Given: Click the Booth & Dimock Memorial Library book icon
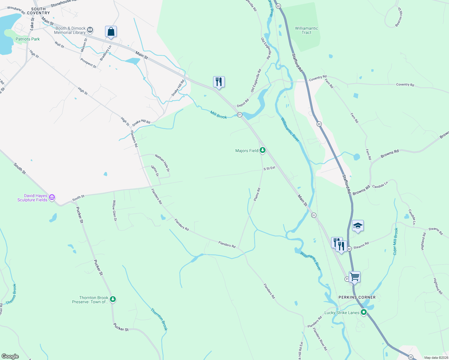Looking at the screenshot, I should [90, 30].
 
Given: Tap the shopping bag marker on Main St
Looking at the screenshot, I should [111, 31].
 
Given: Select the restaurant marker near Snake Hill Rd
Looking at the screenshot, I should [219, 82].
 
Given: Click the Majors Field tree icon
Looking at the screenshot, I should [263, 150].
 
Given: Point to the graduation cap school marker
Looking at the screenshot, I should [357, 226].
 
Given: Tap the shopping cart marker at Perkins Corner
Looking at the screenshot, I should [354, 277].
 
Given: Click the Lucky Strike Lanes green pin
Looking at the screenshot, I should [364, 313].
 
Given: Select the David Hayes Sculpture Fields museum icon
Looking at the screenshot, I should [52, 197].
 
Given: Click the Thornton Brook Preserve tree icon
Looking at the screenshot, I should [113, 299].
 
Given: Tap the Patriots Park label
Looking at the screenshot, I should [28, 39].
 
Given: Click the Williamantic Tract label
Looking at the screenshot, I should [306, 30].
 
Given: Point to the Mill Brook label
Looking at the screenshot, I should [218, 115].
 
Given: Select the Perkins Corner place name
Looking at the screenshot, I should [357, 297].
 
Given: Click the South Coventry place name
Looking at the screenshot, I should [38, 11].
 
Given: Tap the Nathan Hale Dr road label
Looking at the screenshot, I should [162, 163].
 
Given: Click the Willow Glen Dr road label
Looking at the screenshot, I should [114, 211].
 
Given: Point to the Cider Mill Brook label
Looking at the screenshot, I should [396, 241].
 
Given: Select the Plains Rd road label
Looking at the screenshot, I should [257, 194].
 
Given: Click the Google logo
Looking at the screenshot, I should [10, 356].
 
